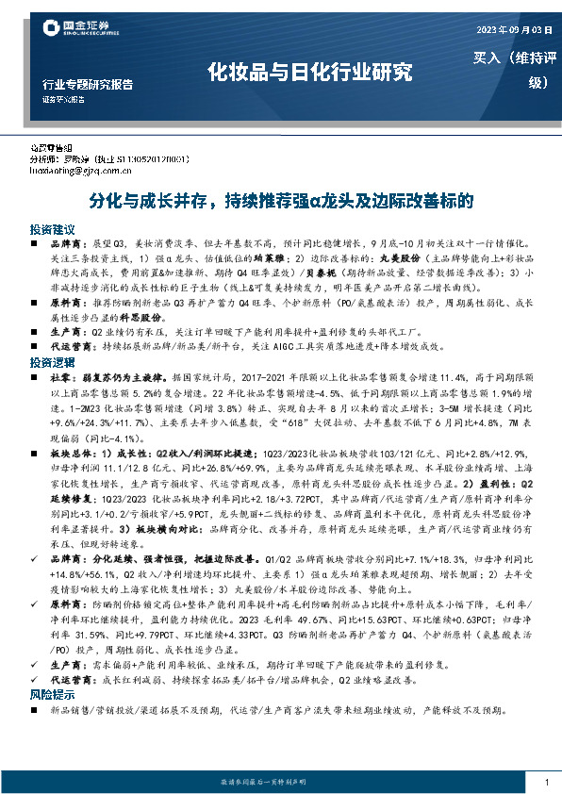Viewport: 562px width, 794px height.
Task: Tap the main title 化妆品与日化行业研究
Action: (310, 72)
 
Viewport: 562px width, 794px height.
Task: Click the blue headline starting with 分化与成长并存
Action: (280, 201)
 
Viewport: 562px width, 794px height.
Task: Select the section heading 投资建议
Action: (51, 229)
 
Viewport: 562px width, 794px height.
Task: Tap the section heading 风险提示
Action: (51, 693)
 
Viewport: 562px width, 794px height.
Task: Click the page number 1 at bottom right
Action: (547, 782)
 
